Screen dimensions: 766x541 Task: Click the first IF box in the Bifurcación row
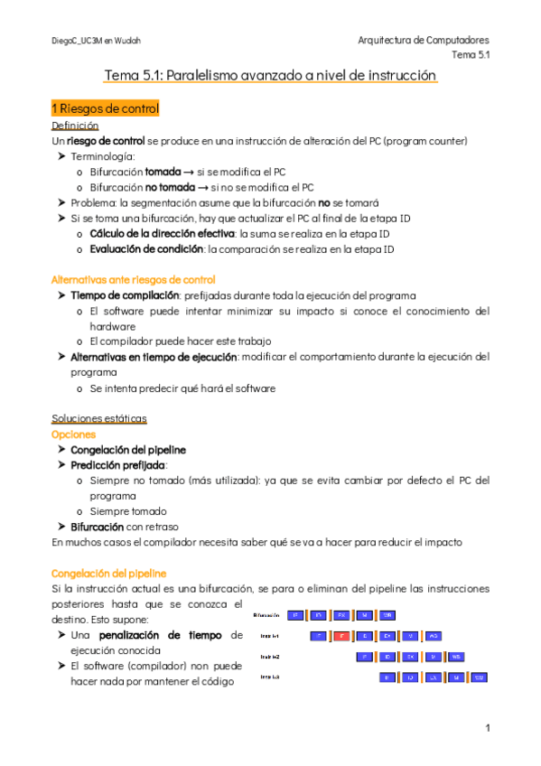(x=296, y=615)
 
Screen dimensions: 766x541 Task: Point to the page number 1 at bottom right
(x=487, y=728)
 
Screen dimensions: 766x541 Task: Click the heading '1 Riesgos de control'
(x=106, y=109)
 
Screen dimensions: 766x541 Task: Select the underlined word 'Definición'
(x=75, y=126)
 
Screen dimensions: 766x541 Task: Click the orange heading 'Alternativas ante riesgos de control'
(x=134, y=280)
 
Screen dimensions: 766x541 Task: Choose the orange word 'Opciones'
(x=75, y=434)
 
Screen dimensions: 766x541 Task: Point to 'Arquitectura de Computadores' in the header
(x=424, y=41)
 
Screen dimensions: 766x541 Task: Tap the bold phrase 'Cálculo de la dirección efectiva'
(x=156, y=234)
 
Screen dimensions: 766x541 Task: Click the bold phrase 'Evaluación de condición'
(x=146, y=249)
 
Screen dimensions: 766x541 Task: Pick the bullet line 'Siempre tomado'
(x=127, y=511)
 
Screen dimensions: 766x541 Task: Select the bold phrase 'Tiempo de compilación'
(x=124, y=295)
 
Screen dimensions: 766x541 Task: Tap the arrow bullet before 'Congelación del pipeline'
(x=61, y=450)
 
